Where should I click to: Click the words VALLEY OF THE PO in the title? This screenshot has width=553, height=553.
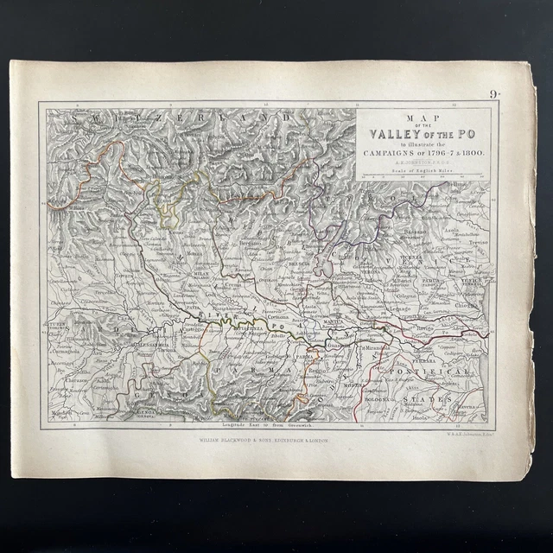coord(423,133)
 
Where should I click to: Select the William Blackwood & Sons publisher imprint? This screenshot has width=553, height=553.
coord(264,439)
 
